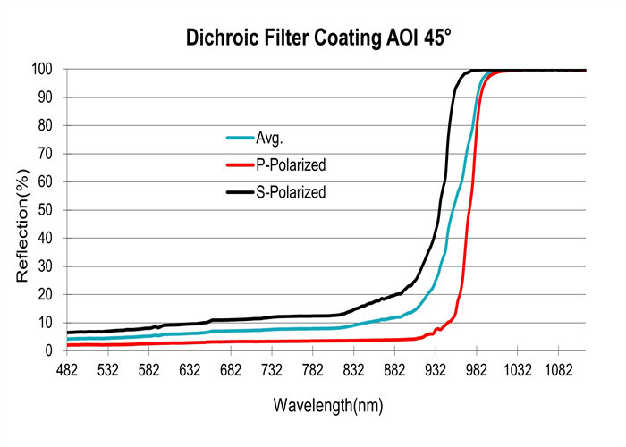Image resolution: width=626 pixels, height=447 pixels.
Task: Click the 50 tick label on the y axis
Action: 46,210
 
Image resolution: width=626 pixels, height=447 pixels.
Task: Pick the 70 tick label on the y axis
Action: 46,154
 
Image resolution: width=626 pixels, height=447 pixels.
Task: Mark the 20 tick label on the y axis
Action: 46,294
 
